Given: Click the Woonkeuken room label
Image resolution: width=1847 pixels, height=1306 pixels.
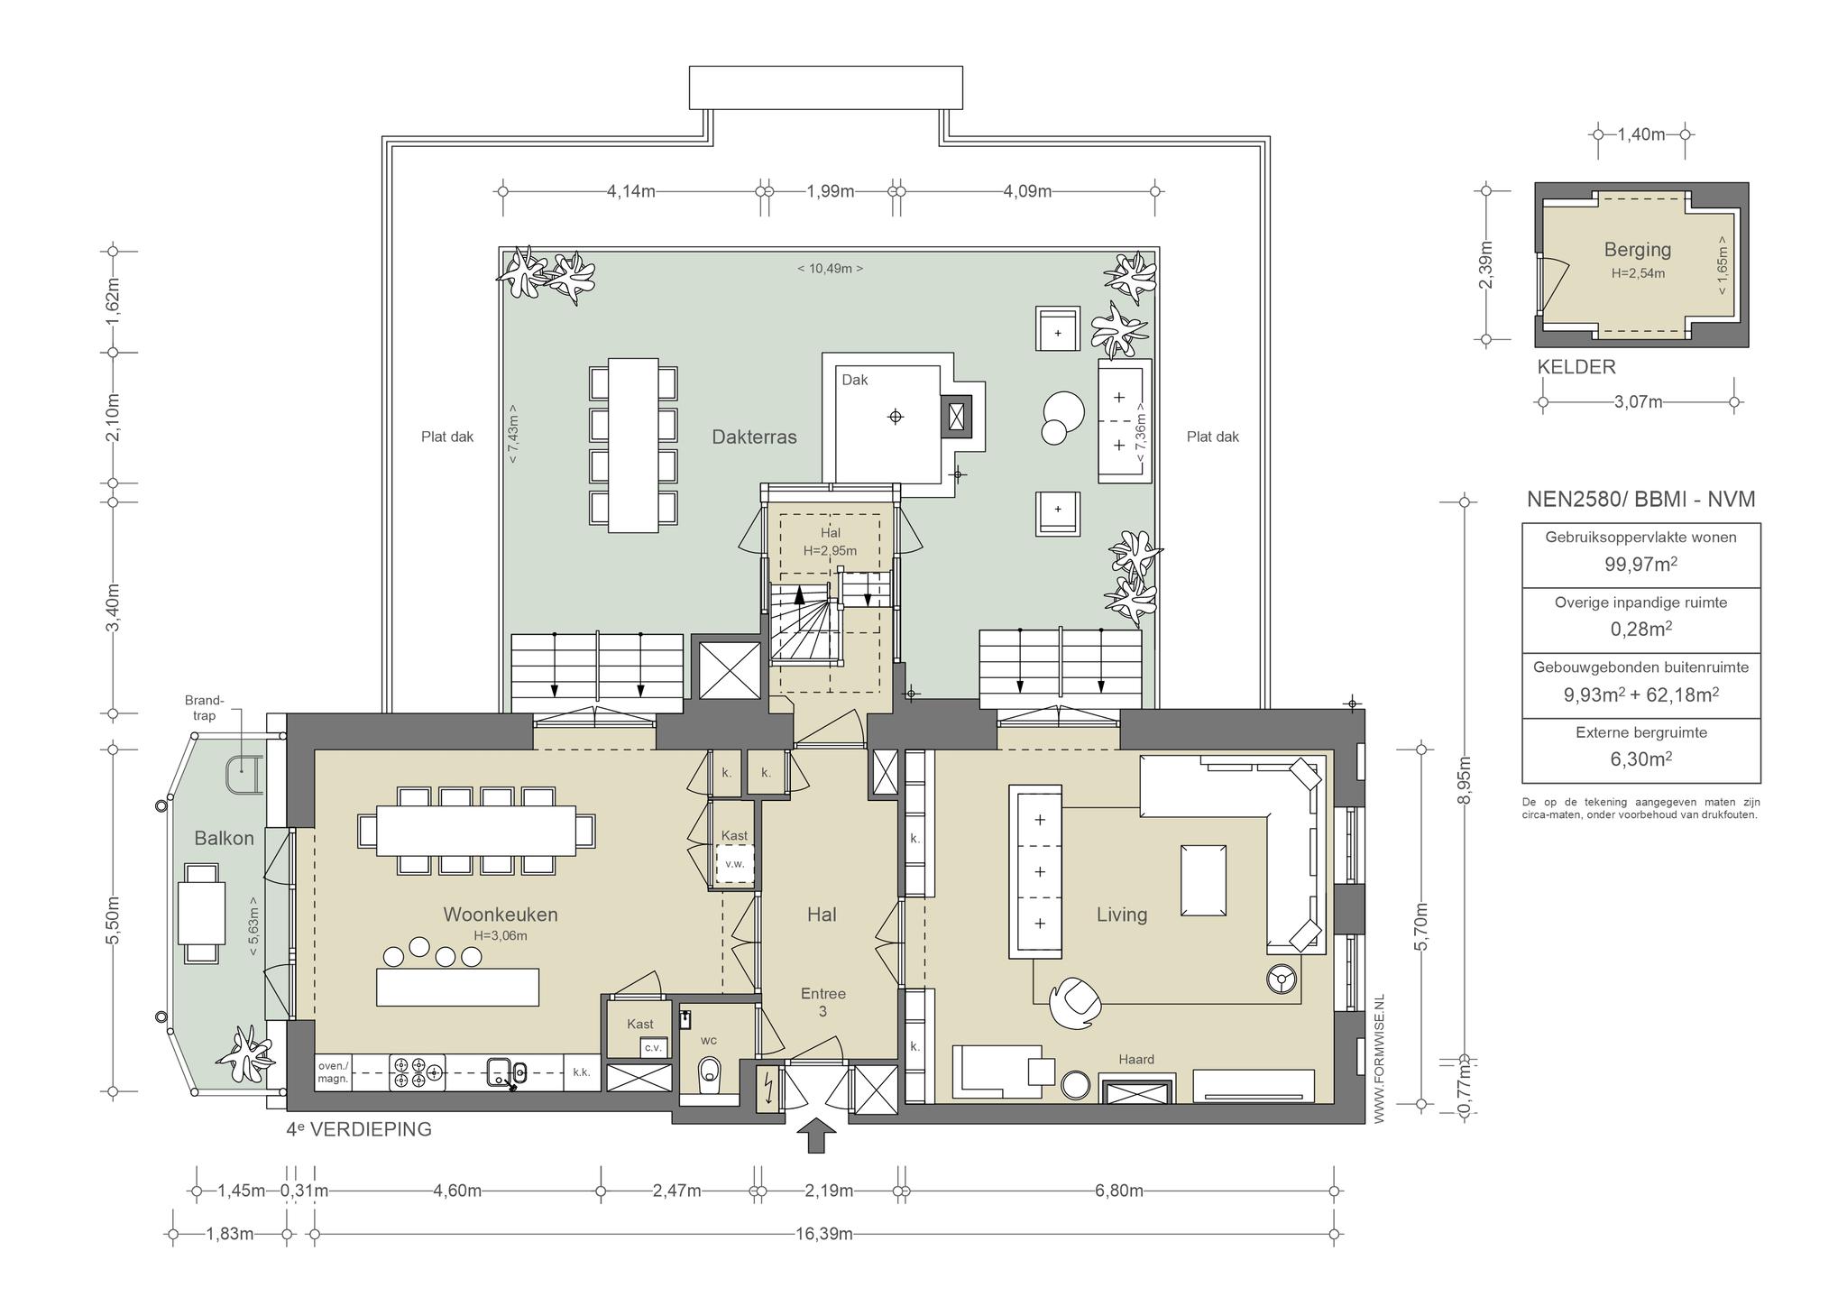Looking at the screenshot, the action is tap(501, 915).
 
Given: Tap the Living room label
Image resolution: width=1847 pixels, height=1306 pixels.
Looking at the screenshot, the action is tap(1122, 915).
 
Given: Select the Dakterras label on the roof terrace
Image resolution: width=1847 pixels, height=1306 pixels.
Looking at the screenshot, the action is tap(754, 437).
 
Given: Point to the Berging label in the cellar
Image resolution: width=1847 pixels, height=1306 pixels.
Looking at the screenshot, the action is tap(1638, 250).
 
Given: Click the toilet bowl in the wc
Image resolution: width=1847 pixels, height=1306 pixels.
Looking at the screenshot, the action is tap(711, 1070).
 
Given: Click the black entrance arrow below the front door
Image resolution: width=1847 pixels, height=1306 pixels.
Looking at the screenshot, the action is tap(816, 1135).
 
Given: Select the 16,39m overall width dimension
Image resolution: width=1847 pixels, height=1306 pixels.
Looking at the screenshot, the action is tap(824, 1234).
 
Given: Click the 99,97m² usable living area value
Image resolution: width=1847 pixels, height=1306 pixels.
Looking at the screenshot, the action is tap(1640, 565).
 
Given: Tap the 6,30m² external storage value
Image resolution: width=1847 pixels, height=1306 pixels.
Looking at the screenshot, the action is tap(1640, 759).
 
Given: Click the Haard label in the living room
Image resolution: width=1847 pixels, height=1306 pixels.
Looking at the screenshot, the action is tap(1136, 1060).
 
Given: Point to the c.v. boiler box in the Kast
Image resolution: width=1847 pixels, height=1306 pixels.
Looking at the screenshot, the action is tap(652, 1048).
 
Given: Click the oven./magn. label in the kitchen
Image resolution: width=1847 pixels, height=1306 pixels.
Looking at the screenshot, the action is tap(333, 1072).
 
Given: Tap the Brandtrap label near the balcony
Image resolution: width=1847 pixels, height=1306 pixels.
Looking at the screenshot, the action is tap(204, 708).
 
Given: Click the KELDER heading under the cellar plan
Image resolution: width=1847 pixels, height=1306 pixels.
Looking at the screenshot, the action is tap(1576, 367).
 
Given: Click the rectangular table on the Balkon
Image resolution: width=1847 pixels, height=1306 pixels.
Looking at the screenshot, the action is tap(201, 913).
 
